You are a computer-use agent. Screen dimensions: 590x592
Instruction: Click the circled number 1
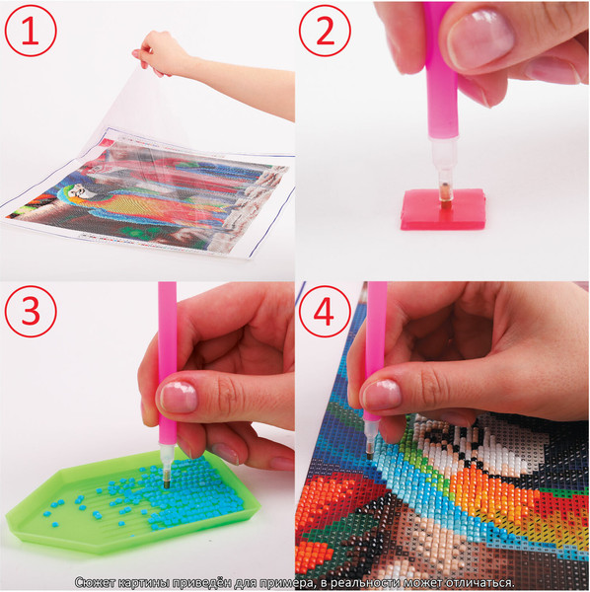point(31,31)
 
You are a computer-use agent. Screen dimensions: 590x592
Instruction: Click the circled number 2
point(325,31)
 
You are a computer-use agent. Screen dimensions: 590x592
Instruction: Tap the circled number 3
point(31,312)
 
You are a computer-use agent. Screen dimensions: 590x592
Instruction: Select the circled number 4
point(325,312)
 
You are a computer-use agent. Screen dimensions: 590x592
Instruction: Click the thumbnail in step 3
point(179,397)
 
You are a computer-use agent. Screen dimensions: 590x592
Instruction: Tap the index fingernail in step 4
point(381,395)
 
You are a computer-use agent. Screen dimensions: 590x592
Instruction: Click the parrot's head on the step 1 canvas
point(80,191)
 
